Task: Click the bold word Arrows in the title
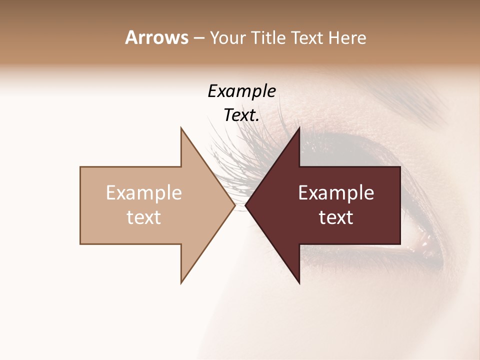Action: pos(156,37)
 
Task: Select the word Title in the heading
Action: pos(269,38)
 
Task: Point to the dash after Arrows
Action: pos(198,38)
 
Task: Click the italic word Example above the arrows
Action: pos(241,91)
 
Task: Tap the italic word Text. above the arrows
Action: pos(241,115)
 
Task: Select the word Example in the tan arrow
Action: pos(144,193)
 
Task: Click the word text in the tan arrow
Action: pos(144,217)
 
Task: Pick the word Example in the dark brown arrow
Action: pos(336,193)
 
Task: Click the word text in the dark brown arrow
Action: pos(336,217)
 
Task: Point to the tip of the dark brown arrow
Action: pos(246,205)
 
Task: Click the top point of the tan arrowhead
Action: pos(181,128)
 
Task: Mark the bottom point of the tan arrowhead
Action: pos(181,283)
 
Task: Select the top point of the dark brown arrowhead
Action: pos(299,128)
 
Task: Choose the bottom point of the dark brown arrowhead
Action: pos(299,283)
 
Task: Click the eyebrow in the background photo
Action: pos(425,100)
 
